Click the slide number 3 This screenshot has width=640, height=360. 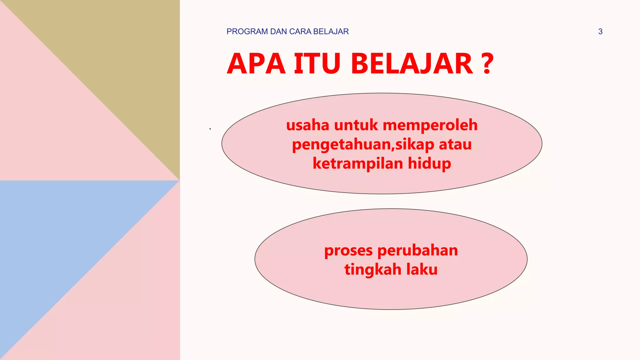(x=600, y=32)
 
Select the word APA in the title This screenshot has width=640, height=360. (x=256, y=64)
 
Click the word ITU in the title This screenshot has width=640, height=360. (x=317, y=64)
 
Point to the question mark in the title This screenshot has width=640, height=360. (x=487, y=64)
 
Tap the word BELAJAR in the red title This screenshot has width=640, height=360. (x=412, y=64)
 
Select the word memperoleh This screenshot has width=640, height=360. (x=430, y=125)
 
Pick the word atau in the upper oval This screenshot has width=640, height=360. (x=455, y=144)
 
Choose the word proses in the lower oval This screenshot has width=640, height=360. (x=348, y=251)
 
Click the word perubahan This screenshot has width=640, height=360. (x=418, y=251)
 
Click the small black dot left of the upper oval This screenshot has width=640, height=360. (x=210, y=129)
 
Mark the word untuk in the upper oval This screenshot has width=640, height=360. (x=356, y=125)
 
